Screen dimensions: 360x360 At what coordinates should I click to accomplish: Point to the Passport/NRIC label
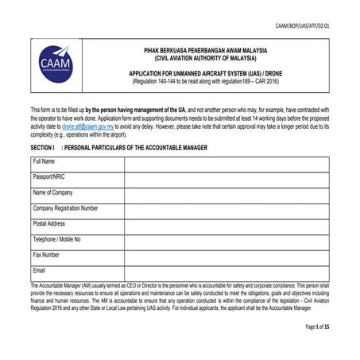pyautogui.click(x=49, y=177)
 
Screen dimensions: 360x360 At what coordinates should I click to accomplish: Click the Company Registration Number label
pyautogui.click(x=65, y=208)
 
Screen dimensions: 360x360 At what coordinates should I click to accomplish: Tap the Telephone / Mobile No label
pyautogui.click(x=56, y=239)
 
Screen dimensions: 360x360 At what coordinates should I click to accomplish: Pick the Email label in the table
pyautogui.click(x=40, y=270)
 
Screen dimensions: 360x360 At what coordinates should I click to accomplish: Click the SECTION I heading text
pyautogui.click(x=118, y=147)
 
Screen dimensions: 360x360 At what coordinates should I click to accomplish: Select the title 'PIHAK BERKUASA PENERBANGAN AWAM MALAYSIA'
pyautogui.click(x=206, y=50)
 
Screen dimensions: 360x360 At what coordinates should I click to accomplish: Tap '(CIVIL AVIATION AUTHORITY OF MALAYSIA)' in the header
pyautogui.click(x=206, y=58)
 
